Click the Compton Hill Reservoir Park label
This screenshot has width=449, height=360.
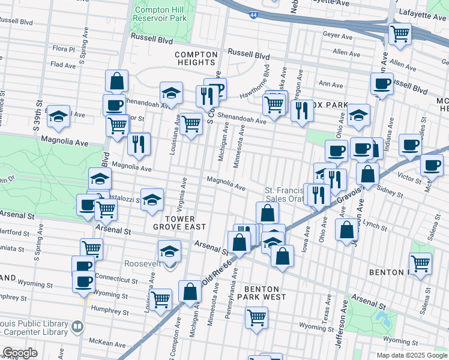point(160,14)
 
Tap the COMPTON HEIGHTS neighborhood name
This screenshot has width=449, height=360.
point(196,58)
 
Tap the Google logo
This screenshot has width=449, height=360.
point(20,353)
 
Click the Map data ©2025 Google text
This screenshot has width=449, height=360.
point(411,355)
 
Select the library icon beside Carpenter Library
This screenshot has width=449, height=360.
point(77,327)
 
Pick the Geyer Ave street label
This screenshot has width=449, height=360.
point(337,35)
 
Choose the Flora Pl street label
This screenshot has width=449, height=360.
point(63,49)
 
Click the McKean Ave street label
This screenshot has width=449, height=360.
point(107,343)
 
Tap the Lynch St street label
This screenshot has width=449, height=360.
point(376,224)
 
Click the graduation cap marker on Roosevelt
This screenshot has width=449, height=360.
point(170,251)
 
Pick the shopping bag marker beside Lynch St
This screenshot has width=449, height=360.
point(347,230)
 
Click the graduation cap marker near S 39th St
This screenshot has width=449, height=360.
point(59,116)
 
